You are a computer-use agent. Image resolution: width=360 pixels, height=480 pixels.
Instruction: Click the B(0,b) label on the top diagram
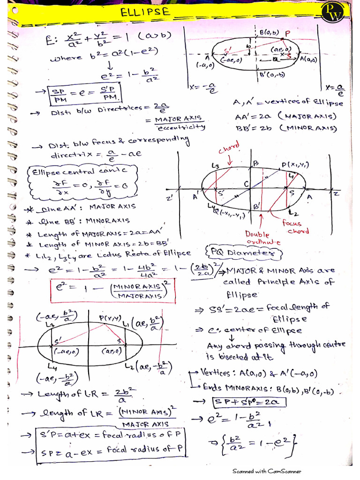[x=269, y=33]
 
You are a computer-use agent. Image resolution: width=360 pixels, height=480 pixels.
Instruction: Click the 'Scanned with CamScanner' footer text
[x=267, y=471]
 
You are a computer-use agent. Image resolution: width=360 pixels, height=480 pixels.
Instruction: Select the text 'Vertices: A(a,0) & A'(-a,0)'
[x=258, y=373]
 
